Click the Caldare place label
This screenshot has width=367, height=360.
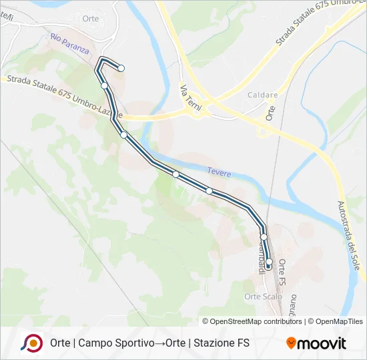tap(262, 95)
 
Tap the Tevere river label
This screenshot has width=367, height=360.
tap(219, 173)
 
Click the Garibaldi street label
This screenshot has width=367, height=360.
tap(261, 257)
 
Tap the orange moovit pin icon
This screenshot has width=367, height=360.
tap(291, 343)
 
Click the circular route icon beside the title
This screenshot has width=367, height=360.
tap(31, 343)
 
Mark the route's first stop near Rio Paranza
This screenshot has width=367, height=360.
tap(121, 67)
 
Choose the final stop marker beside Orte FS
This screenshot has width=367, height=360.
tap(269, 265)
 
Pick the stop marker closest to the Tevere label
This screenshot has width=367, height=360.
tap(210, 191)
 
